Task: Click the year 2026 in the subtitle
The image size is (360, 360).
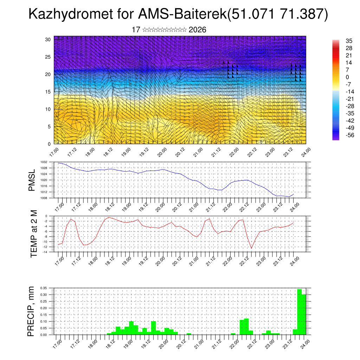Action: (197, 30)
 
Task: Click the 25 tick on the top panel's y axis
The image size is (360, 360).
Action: (48, 57)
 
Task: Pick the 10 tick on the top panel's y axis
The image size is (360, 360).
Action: (48, 109)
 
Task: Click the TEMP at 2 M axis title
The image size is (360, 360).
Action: (34, 234)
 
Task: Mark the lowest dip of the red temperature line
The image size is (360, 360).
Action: (251, 248)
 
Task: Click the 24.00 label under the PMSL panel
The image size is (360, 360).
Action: (295, 205)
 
